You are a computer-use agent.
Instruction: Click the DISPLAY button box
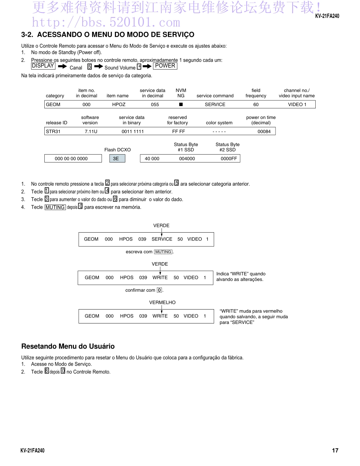[43, 66]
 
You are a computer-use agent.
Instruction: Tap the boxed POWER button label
[165, 66]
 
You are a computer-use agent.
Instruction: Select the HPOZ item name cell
[119, 105]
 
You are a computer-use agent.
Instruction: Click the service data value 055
[155, 105]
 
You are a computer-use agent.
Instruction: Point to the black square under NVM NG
[181, 105]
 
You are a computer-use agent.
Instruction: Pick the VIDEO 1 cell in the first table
[297, 105]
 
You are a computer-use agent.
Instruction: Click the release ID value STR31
[53, 131]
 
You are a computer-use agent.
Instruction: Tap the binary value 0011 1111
[133, 131]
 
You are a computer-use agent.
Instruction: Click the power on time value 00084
[264, 131]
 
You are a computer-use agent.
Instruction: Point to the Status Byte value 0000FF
[229, 159]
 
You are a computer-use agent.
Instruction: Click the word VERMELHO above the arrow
[162, 303]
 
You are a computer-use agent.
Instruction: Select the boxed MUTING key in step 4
[55, 207]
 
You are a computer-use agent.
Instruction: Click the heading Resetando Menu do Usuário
[68, 346]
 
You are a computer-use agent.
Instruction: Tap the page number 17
[335, 450]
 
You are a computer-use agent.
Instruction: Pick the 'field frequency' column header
[256, 93]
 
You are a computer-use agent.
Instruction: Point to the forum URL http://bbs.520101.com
[106, 22]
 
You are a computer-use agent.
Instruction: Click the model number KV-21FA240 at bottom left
[32, 450]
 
